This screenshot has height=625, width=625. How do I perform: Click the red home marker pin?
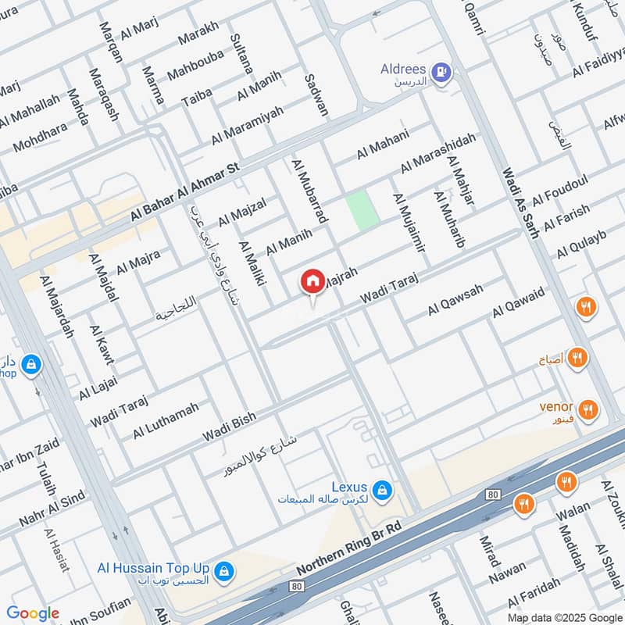click(x=312, y=280)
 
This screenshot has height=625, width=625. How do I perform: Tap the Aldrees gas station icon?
click(x=442, y=72)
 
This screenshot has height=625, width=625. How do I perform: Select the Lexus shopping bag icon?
click(x=381, y=490)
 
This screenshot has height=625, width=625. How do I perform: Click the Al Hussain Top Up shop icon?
click(x=224, y=571)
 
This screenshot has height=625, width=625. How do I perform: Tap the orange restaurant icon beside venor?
click(x=588, y=409)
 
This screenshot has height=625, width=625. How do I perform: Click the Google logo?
click(x=33, y=613)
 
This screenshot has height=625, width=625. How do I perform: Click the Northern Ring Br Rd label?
click(x=348, y=549)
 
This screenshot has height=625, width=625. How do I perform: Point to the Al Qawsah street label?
click(x=455, y=300)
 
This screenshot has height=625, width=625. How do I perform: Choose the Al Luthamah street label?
click(x=166, y=420)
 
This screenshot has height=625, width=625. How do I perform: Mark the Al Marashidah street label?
click(x=437, y=153)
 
